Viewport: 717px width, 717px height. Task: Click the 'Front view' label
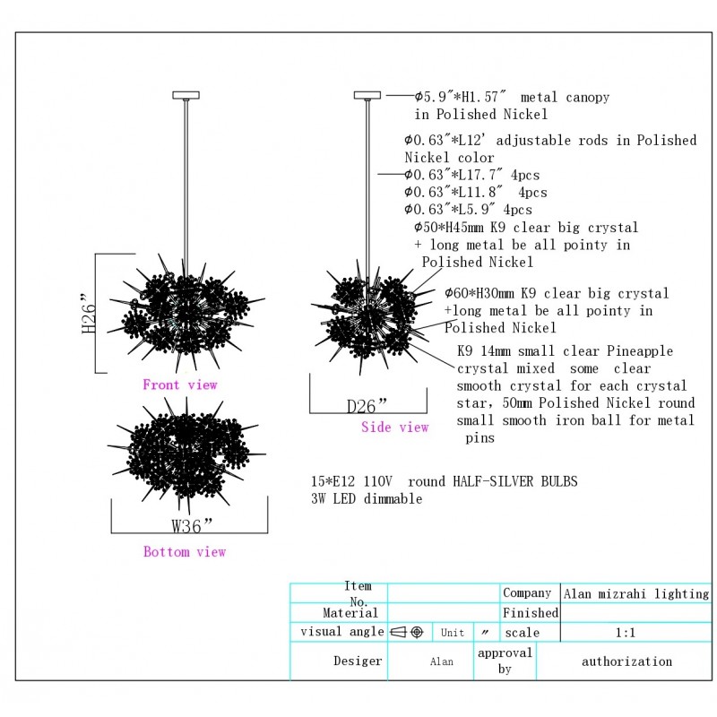[x=179, y=385]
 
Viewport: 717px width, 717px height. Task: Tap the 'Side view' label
[x=395, y=428]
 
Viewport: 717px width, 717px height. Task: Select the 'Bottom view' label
[x=185, y=552]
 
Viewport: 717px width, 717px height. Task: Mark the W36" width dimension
[x=192, y=525]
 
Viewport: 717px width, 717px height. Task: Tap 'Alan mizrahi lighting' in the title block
[x=636, y=593]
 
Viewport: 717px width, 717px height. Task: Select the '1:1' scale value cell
[x=626, y=633]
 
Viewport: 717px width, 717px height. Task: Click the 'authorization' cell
[x=626, y=662]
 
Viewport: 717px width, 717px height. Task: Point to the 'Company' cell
[x=527, y=593]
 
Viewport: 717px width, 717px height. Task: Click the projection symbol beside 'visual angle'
[x=407, y=632]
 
